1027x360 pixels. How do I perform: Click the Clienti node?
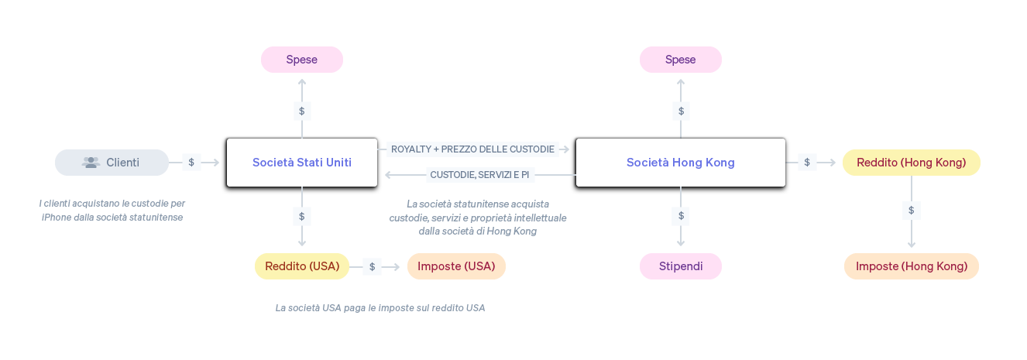[x=112, y=163]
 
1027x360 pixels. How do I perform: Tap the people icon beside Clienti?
[x=91, y=163]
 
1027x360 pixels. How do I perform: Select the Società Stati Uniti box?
[x=301, y=163]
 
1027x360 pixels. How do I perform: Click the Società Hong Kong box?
[x=680, y=163]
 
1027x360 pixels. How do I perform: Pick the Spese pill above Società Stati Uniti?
[x=301, y=60]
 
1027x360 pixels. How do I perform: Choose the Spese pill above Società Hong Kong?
[x=680, y=60]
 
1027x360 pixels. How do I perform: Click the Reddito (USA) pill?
[x=302, y=266]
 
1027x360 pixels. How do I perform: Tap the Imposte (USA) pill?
[x=456, y=266]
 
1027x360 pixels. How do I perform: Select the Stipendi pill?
[x=680, y=266]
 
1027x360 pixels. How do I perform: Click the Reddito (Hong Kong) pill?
[x=911, y=163]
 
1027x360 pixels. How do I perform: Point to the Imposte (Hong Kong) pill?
[x=911, y=266]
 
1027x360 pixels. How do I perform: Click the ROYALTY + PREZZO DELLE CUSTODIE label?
[x=472, y=149]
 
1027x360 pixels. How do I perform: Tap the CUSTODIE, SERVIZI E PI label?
[x=479, y=175]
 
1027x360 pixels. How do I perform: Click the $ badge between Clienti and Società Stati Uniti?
[x=191, y=163]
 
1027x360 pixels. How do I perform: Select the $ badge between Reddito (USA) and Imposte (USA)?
[x=372, y=266]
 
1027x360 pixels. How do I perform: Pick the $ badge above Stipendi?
[x=681, y=215]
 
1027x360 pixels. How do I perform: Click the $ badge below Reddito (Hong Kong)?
[x=911, y=210]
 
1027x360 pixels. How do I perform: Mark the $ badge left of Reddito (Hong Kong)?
[x=806, y=163]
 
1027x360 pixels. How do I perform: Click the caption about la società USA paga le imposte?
[x=380, y=308]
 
